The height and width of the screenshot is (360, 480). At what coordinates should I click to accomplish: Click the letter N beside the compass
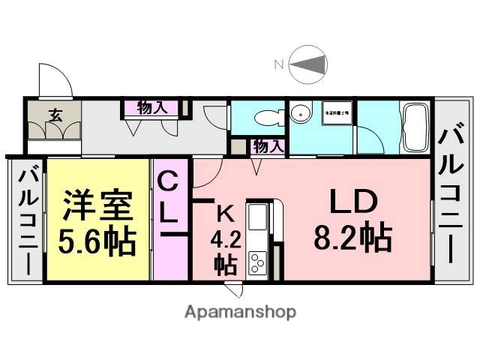point(278,65)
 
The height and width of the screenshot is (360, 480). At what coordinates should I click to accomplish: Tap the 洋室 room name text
point(97,204)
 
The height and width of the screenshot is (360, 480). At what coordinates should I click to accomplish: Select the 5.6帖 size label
point(97,241)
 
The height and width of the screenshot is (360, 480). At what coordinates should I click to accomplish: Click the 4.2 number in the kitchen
point(224,241)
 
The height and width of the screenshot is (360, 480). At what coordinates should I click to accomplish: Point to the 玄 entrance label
point(55,115)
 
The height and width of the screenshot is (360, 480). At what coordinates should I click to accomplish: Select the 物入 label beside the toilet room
point(268,146)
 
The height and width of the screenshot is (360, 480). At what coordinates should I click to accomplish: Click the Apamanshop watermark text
point(240,311)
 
